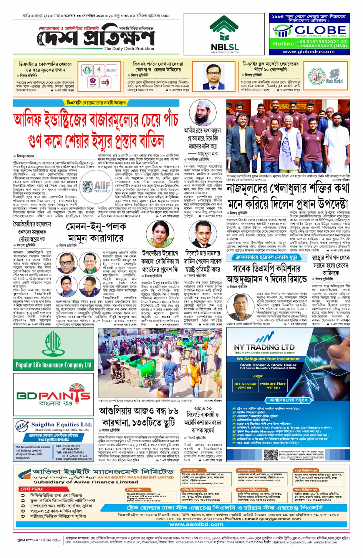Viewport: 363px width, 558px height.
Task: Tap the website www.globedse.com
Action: click(x=308, y=51)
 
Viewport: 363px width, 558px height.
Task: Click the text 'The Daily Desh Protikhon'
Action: click(x=129, y=49)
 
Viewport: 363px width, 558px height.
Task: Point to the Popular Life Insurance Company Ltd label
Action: click(x=53, y=365)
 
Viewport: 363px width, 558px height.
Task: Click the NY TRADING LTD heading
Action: click(x=264, y=347)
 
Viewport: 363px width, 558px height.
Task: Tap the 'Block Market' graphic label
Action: click(x=334, y=81)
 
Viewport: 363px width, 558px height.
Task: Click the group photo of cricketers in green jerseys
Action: click(x=288, y=136)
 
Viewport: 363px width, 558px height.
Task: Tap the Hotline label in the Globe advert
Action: click(x=283, y=44)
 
